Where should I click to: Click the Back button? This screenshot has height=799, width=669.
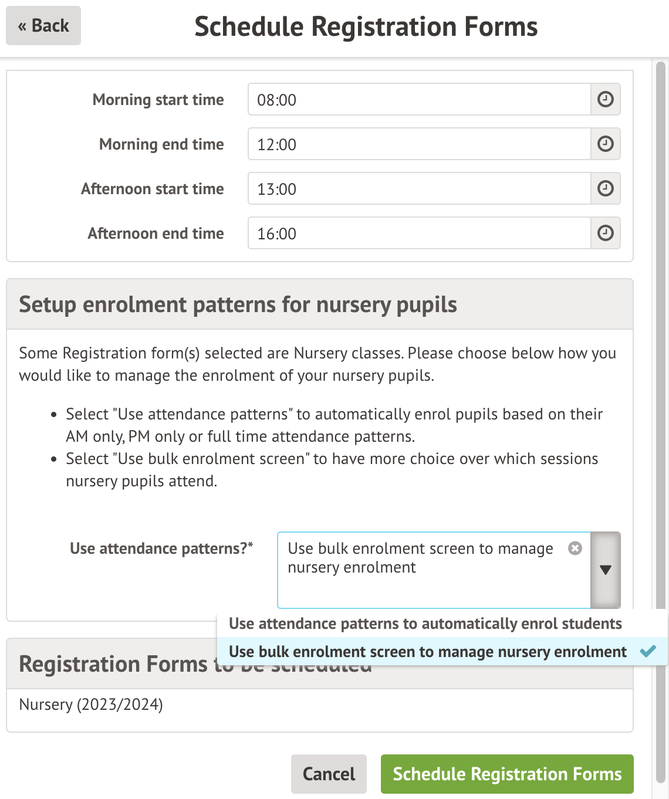coord(43,26)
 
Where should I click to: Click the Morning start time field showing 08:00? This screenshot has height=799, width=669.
coord(418,100)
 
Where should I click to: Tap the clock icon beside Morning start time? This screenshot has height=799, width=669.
coord(605,100)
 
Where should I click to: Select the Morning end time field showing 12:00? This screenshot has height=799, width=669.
coord(418,144)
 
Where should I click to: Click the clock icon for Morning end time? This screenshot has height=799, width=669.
coord(605,144)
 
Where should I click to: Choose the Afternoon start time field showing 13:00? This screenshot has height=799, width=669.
coord(418,189)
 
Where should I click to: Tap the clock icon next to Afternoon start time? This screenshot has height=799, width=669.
coord(605,189)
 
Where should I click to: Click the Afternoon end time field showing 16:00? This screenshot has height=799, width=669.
coord(418,233)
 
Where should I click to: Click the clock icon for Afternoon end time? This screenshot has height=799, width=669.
coord(605,233)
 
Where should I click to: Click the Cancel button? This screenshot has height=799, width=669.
coord(329,774)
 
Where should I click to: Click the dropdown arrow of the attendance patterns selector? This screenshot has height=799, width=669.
coord(606,570)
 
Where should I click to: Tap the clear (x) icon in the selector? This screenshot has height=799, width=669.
coord(575,548)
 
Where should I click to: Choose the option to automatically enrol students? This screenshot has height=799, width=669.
coord(425,624)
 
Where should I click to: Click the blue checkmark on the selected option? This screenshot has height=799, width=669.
coord(648,651)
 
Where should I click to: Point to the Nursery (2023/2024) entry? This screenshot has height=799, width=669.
coord(91,704)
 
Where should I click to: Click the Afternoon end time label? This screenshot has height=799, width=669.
coord(156,233)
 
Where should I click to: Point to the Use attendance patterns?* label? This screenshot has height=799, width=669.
coord(161,549)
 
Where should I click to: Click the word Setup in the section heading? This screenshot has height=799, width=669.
coord(48,305)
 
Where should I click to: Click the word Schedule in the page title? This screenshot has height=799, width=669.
coord(249,27)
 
